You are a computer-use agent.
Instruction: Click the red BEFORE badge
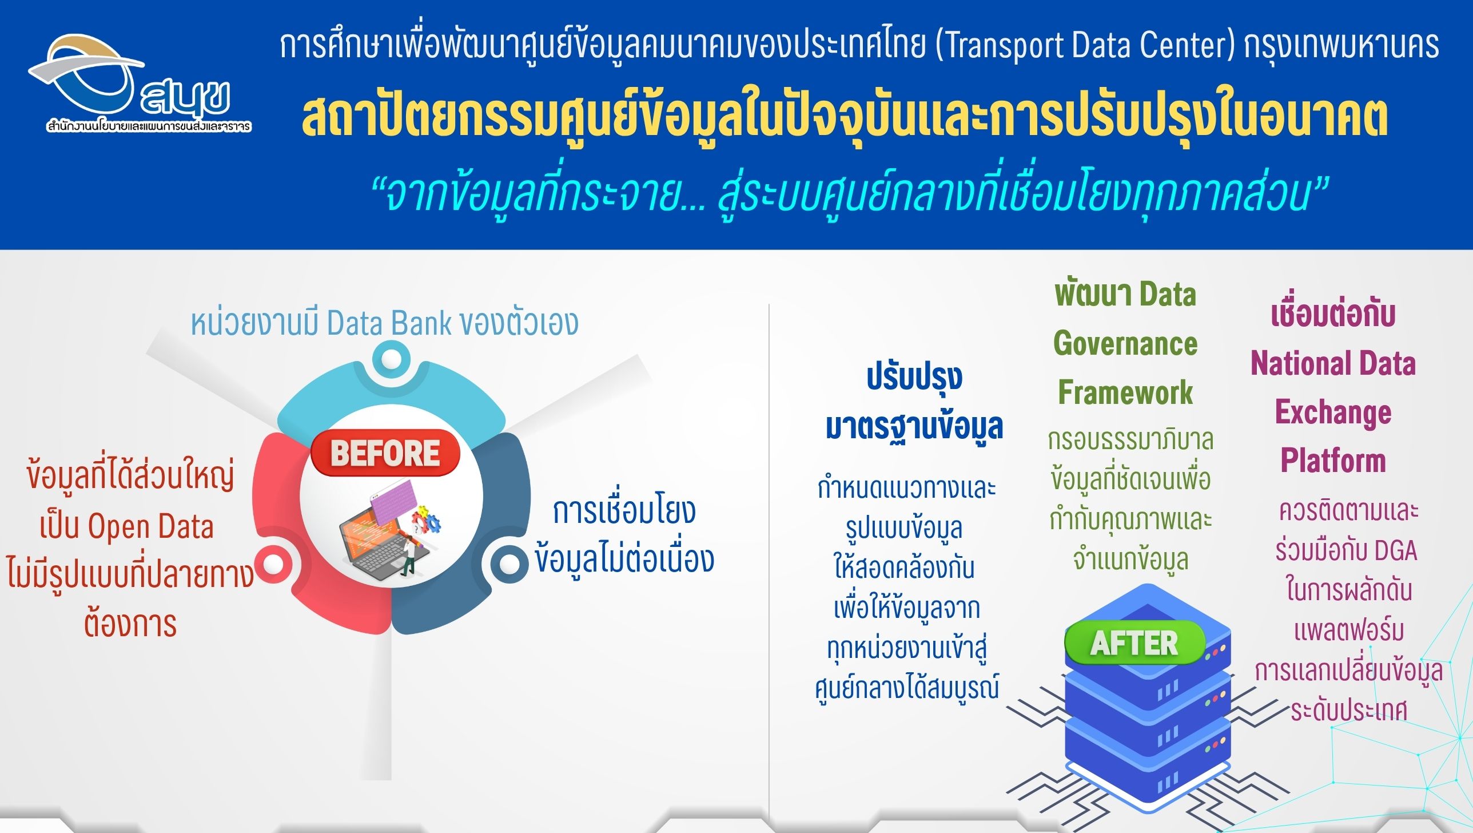(x=385, y=453)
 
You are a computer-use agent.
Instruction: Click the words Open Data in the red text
(x=150, y=526)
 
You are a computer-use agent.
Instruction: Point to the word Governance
(x=1125, y=343)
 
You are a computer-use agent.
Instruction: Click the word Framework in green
(x=1125, y=392)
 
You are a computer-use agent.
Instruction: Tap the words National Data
(x=1333, y=363)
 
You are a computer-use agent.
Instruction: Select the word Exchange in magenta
(x=1333, y=412)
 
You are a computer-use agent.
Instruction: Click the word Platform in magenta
(x=1333, y=461)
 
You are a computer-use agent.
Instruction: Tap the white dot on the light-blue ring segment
(x=391, y=359)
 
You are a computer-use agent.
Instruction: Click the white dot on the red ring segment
(x=273, y=564)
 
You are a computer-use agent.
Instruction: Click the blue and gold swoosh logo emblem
(x=86, y=72)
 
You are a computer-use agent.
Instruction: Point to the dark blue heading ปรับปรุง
(x=914, y=378)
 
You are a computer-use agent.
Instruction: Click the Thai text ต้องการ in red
(x=130, y=624)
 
